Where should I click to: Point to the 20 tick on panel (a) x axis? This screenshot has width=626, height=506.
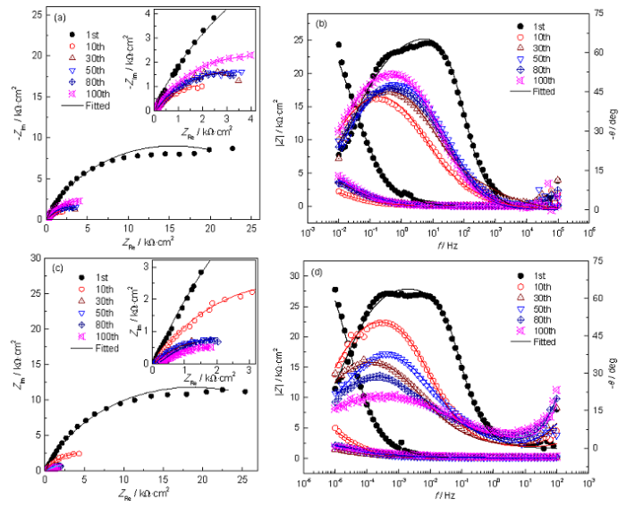[209, 229]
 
